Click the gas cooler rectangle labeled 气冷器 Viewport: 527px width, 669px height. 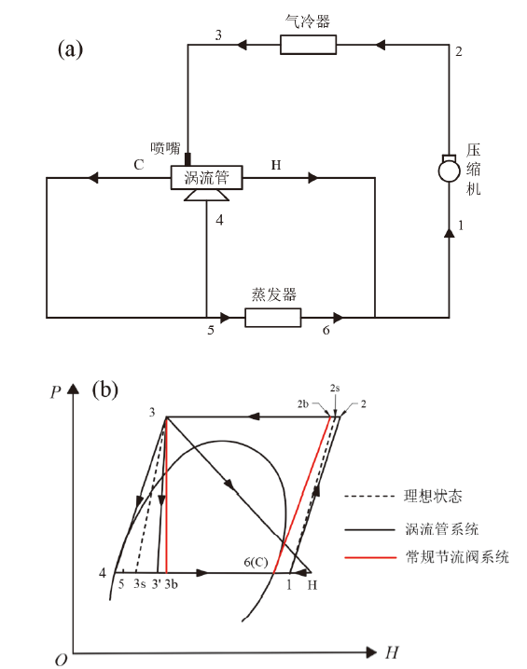[308, 45]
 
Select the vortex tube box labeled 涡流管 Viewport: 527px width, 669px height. [207, 177]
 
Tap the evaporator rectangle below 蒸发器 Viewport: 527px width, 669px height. [273, 318]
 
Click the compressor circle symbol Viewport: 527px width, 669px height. [449, 171]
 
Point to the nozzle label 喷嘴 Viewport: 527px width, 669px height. [165, 148]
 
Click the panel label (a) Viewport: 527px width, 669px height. [71, 49]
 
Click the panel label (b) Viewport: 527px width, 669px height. [105, 389]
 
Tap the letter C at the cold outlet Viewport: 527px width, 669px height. [139, 165]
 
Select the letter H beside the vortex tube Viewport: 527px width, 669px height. [276, 165]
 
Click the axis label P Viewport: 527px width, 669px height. [56, 391]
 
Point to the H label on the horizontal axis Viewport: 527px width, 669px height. [392, 652]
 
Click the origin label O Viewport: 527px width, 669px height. [61, 660]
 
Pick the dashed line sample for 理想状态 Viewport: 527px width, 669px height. [369, 497]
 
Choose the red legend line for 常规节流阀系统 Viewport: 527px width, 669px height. [370, 557]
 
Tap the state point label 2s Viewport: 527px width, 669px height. [335, 388]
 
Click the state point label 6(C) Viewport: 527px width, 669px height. [256, 562]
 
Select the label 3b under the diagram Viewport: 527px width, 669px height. [171, 583]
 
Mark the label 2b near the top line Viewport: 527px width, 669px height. [303, 403]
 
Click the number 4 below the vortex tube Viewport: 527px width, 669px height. [219, 220]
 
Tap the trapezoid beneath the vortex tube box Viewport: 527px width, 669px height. [207, 195]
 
